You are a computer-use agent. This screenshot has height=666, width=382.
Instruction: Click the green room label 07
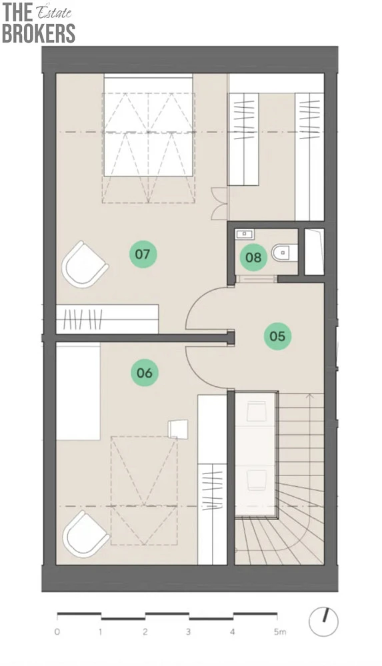point(143,254)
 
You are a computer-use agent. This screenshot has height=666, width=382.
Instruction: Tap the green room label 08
point(253,257)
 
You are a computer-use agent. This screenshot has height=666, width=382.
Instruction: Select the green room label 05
point(277,336)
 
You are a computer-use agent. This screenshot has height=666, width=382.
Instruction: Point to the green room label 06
point(145,372)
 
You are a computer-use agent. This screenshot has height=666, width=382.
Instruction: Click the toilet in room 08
point(284,252)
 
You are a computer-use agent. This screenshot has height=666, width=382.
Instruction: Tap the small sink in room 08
point(244,233)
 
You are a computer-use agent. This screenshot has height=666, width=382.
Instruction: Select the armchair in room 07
point(85,264)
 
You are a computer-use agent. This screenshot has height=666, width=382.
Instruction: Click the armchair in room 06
point(86,534)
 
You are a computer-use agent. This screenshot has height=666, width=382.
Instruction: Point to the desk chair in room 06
point(178,428)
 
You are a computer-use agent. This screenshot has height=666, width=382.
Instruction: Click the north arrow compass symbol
point(323,622)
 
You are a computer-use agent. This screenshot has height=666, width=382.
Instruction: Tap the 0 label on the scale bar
point(57,631)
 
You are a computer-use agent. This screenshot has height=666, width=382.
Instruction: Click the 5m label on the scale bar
point(279,631)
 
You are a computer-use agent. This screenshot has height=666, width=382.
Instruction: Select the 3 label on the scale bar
point(189,631)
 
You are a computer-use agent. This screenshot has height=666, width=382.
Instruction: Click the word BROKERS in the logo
point(39,33)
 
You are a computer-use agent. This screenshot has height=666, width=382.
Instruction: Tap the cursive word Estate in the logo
point(54,12)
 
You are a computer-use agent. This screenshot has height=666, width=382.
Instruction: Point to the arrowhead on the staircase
point(310,396)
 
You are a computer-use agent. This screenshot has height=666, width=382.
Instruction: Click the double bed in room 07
point(149,125)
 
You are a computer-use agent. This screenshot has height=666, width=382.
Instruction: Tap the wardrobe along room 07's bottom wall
point(107,318)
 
